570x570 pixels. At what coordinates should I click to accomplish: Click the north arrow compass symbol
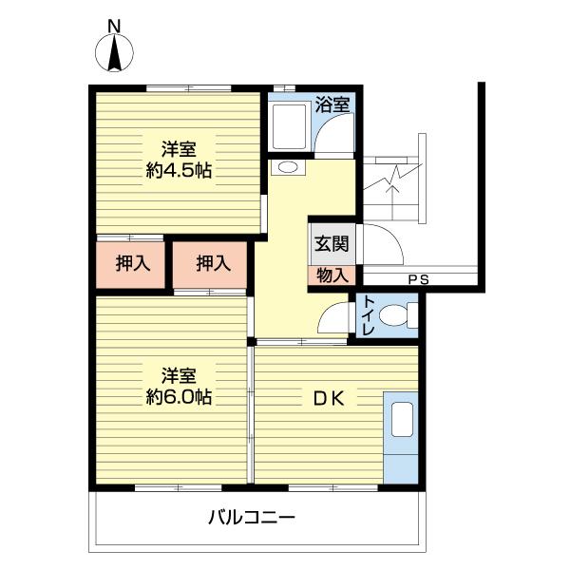tap(113, 55)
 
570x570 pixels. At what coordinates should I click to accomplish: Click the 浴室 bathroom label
tap(332, 104)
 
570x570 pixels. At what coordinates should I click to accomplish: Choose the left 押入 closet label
tap(133, 263)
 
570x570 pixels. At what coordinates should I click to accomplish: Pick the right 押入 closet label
tap(213, 263)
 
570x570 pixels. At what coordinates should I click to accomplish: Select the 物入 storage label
tap(332, 275)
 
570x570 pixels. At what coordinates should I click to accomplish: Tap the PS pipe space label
tap(418, 279)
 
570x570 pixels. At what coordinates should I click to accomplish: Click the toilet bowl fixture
tap(406, 314)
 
